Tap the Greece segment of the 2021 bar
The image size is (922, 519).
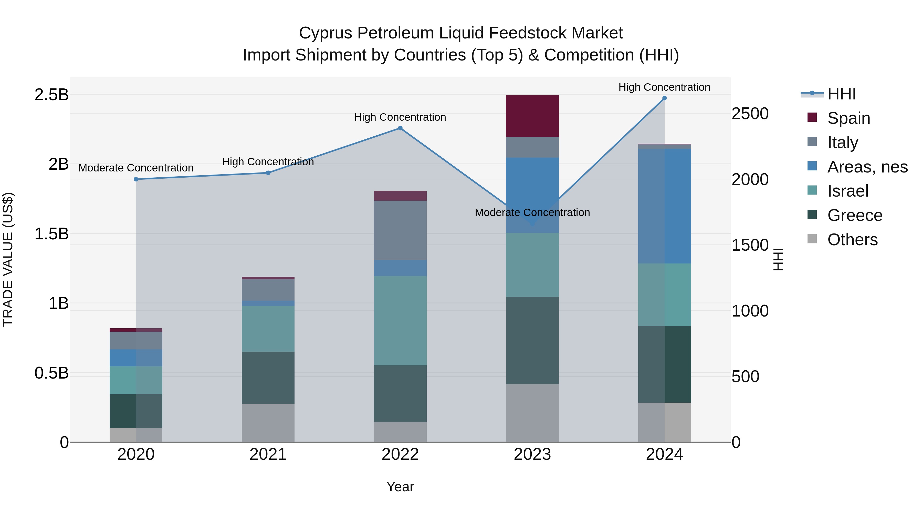(268, 378)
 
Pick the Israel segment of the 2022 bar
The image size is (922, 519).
(400, 321)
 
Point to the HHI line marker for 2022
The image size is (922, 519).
(400, 128)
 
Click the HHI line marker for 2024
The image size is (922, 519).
(664, 98)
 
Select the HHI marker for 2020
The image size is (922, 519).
(136, 179)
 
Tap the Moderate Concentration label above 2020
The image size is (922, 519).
(136, 168)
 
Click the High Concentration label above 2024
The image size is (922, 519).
(664, 87)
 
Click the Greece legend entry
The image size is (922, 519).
(854, 215)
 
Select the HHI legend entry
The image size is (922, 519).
(841, 94)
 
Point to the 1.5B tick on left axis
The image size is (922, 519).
(51, 234)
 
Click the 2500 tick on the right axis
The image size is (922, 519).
(750, 114)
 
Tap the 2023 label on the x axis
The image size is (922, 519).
(532, 454)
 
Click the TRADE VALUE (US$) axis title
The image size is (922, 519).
(8, 259)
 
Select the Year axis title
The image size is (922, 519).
(400, 487)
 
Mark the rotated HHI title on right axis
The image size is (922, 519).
(778, 259)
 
